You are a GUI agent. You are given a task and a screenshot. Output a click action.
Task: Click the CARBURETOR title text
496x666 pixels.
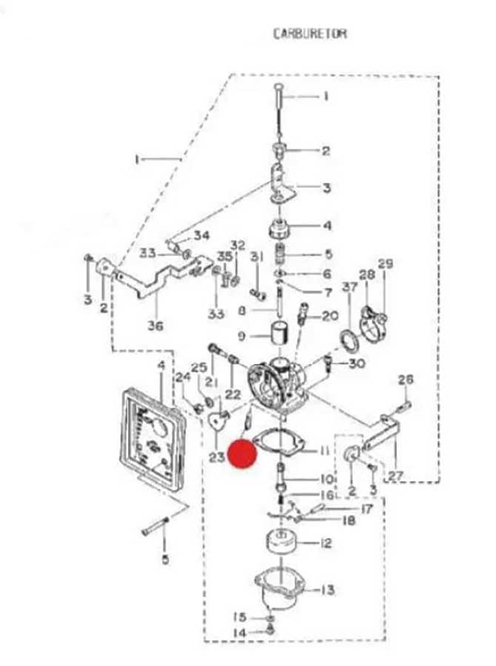pos(309,33)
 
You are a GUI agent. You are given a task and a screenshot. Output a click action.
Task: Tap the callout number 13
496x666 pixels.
pos(327,590)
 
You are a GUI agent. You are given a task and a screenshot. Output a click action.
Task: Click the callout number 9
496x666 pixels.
pos(241,336)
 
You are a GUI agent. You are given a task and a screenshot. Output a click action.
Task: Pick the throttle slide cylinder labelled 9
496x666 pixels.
pos(279,334)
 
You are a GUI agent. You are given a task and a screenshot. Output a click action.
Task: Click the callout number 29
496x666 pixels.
pos(385,264)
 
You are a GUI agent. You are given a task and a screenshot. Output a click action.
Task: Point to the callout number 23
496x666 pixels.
pos(216,457)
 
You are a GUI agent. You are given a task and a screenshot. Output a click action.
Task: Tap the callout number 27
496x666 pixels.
pos(396,476)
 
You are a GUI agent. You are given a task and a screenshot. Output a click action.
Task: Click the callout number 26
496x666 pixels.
pos(405,380)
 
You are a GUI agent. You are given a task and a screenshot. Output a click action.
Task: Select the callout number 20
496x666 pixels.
pos(330,317)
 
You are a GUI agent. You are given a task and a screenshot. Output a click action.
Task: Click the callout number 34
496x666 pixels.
pos(201,236)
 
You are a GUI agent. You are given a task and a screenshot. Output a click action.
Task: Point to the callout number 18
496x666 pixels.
pos(348,521)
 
